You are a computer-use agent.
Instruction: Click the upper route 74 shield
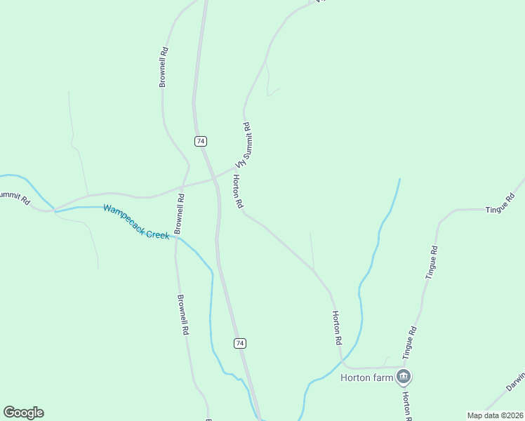(x=201, y=141)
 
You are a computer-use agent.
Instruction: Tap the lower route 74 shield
(x=240, y=342)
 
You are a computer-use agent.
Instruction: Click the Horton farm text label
(x=366, y=377)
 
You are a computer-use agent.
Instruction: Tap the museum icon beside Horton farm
(x=403, y=377)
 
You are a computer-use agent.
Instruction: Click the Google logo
(x=24, y=413)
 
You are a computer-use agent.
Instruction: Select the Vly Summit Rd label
(x=243, y=145)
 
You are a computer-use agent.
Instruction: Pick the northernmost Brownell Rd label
(x=163, y=67)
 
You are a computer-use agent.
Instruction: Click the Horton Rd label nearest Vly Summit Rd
(x=237, y=192)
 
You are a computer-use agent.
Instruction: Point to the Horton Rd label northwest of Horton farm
(x=337, y=327)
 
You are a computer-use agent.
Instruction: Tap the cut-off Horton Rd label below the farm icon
(x=406, y=401)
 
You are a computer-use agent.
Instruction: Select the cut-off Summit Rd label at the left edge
(x=14, y=198)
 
